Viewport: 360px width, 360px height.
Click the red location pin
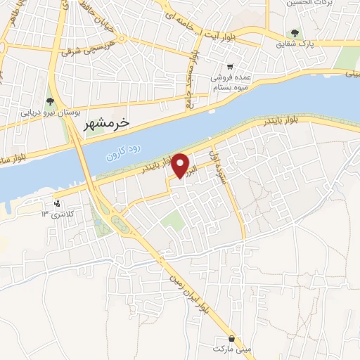181,165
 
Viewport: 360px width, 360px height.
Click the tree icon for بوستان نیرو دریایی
50,102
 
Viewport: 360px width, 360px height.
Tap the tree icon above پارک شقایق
295,33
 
